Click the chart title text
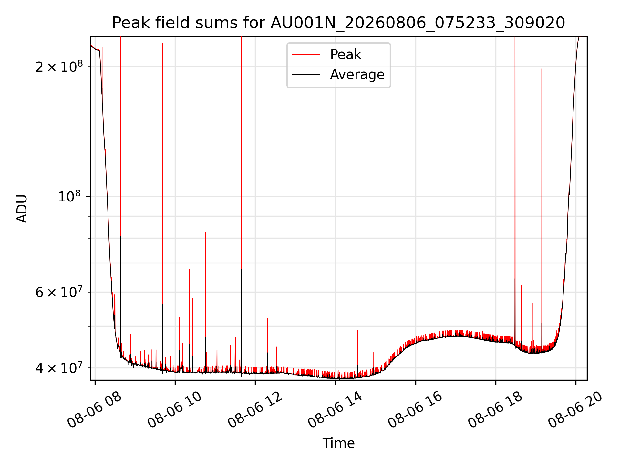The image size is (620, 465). click(x=338, y=23)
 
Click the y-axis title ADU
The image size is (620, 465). click(x=22, y=208)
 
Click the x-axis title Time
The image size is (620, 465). click(x=338, y=443)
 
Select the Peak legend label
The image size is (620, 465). click(x=346, y=55)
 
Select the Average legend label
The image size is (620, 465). click(x=357, y=75)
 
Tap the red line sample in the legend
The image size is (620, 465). click(x=306, y=55)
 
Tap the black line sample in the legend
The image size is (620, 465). click(x=306, y=75)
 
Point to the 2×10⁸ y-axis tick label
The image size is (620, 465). click(x=59, y=67)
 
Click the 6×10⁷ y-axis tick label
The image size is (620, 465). click(x=59, y=292)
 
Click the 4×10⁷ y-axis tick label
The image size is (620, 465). click(x=59, y=367)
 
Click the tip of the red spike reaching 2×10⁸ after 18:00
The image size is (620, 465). click(x=542, y=69)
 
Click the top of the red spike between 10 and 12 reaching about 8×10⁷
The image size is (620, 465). click(x=205, y=232)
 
